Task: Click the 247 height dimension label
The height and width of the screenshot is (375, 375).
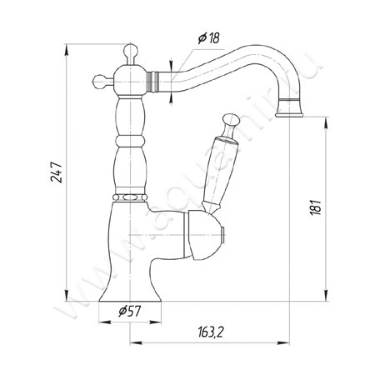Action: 57,172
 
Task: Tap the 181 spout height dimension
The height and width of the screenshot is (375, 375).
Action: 316,207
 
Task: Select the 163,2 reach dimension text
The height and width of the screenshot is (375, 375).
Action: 211,332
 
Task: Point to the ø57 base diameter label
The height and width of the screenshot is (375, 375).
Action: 130,311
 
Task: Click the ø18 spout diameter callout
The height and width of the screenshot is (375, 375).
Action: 208,37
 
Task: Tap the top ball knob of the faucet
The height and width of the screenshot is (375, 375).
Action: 131,51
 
